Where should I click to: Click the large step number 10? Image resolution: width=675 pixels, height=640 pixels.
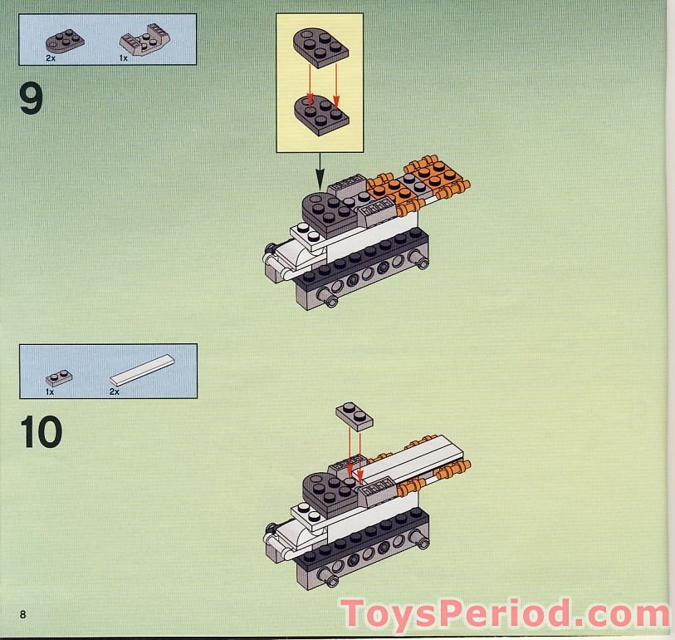41,432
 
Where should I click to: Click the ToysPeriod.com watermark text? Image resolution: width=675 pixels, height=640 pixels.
505,613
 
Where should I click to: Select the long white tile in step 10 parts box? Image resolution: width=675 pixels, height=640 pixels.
142,371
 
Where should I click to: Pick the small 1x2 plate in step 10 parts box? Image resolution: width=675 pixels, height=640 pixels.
58,377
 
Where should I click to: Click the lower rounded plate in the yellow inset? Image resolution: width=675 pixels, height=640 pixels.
320,113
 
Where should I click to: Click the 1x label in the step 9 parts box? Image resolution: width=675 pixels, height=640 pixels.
123,59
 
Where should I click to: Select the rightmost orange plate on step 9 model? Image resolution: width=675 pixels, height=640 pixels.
433,176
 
